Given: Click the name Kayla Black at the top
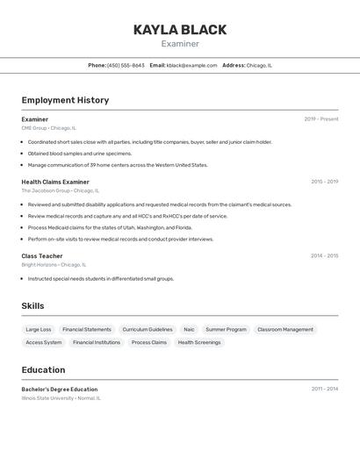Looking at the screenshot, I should (x=180, y=30).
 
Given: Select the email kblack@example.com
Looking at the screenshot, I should (x=191, y=65).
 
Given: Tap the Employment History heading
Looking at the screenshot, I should (x=65, y=100).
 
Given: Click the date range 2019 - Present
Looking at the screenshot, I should (x=320, y=119).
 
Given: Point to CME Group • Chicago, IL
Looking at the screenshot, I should (x=49, y=128).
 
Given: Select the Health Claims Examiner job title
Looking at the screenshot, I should (x=55, y=182).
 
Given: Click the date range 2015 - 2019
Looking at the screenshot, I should (x=324, y=182).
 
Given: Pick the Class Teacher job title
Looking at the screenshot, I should (x=42, y=256).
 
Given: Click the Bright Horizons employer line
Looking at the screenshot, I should (x=54, y=265).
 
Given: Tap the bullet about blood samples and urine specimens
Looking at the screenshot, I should (x=79, y=154).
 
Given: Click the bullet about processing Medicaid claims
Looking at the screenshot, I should (x=110, y=227).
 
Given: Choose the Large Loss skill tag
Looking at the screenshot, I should (x=39, y=330).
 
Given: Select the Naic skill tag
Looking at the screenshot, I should (x=189, y=330).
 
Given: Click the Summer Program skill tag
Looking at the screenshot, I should (x=226, y=330).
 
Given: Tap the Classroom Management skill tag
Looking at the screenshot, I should (x=285, y=330).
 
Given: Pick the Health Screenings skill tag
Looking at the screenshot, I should (x=199, y=343).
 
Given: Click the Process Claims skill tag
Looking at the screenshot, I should (x=148, y=343).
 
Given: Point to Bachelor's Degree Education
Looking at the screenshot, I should (x=60, y=390).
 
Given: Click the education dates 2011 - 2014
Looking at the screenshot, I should (x=324, y=389).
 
